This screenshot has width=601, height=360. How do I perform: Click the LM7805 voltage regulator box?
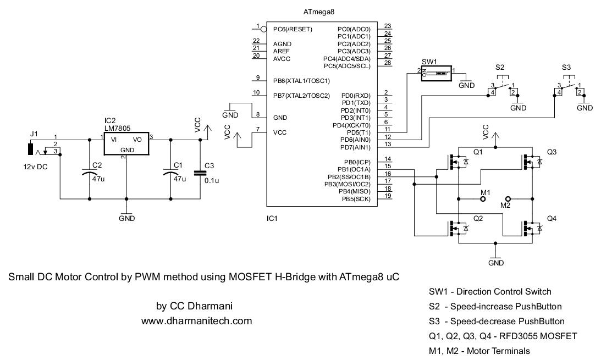pos(126,143)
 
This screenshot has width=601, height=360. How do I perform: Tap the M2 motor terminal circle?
pos(508,198)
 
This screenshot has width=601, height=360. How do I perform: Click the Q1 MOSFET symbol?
pos(457,162)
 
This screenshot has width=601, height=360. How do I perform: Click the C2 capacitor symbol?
pos(89,174)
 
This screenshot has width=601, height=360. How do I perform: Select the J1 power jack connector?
pos(31,149)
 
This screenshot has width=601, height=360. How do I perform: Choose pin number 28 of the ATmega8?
pos(388,63)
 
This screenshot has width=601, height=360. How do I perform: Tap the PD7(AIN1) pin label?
pos(356,147)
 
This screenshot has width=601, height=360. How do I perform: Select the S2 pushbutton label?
pos(499,67)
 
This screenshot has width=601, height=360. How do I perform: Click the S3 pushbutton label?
pos(566,67)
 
